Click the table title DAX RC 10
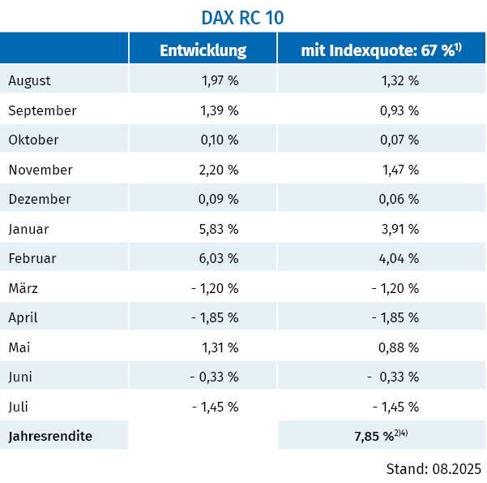coord(242,17)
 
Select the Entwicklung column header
coord(203,50)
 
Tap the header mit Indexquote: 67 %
coord(381,50)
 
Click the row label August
coord(30,80)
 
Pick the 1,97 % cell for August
coord(219,80)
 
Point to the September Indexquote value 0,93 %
coord(399,110)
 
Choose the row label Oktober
coord(33,140)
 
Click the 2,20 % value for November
coord(219,170)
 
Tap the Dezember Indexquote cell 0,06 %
coord(399,199)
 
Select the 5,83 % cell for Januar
coord(219,229)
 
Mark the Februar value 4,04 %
coord(399,258)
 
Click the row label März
coord(23,288)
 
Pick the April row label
coord(23,317)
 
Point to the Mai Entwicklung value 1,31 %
coord(219,347)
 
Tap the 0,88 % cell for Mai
coord(399,347)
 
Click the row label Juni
coord(22,377)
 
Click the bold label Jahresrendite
coord(50,436)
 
